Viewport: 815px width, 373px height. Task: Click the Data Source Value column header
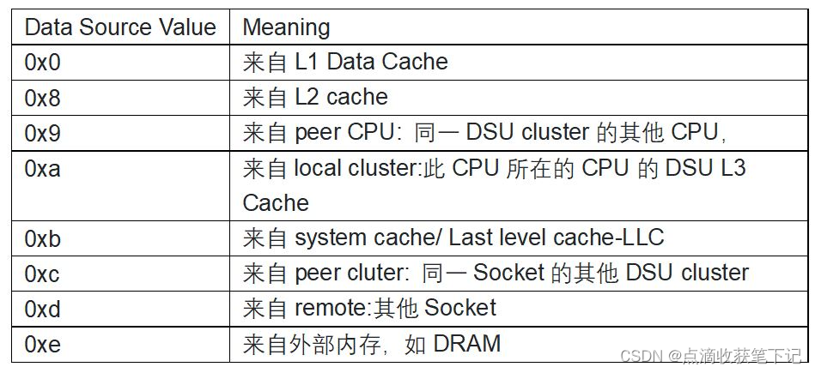coord(119,27)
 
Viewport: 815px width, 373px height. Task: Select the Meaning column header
coord(286,27)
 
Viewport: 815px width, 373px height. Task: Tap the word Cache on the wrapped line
coord(276,203)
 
